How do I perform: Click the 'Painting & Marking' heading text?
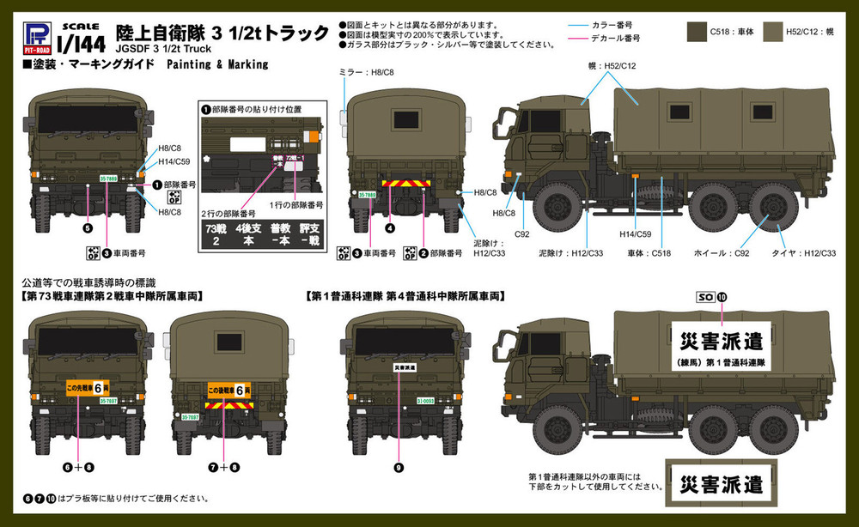tap(222, 64)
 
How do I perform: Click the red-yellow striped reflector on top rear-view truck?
tap(402, 183)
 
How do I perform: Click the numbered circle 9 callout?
tap(398, 467)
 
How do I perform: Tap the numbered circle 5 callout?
tap(87, 228)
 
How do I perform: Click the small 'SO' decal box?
tap(705, 298)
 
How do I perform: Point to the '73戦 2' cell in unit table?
tap(214, 235)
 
